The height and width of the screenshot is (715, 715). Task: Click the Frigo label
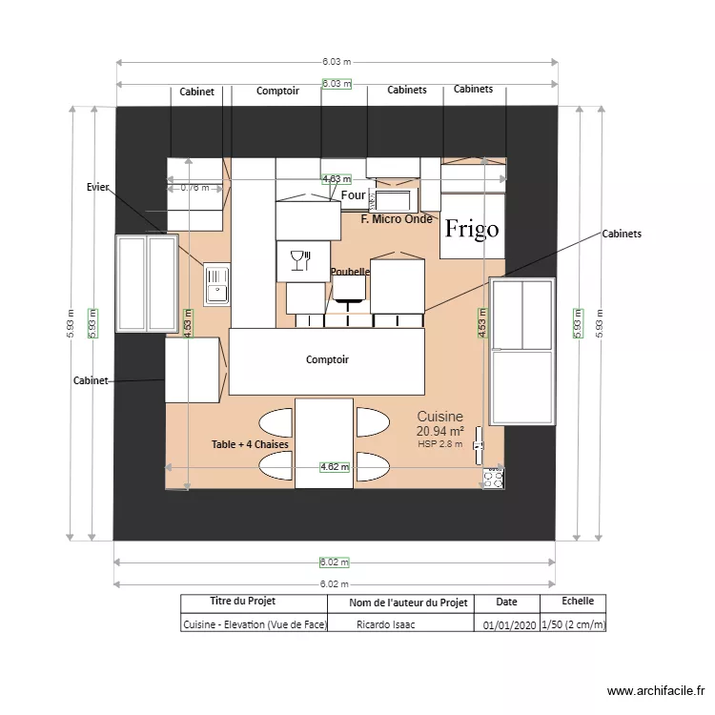(x=472, y=230)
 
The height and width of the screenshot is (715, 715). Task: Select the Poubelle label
(x=350, y=272)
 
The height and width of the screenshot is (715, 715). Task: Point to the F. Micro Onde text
(x=398, y=219)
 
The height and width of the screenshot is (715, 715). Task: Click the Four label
(x=353, y=195)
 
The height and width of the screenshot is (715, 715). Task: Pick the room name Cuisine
(x=439, y=417)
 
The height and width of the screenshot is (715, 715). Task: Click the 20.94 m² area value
(x=439, y=432)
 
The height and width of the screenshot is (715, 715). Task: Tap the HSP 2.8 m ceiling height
(x=439, y=444)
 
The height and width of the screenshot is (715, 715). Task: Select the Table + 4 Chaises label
(x=250, y=445)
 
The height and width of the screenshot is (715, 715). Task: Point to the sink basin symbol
(x=216, y=284)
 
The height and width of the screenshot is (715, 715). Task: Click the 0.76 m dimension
(x=194, y=188)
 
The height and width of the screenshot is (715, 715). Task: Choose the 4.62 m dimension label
(x=335, y=467)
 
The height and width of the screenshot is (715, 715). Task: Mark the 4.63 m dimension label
(x=336, y=178)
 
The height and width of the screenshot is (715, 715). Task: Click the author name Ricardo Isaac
(x=385, y=625)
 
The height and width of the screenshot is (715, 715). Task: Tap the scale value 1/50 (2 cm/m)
(x=573, y=625)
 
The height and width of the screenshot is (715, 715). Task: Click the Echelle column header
(x=578, y=602)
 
